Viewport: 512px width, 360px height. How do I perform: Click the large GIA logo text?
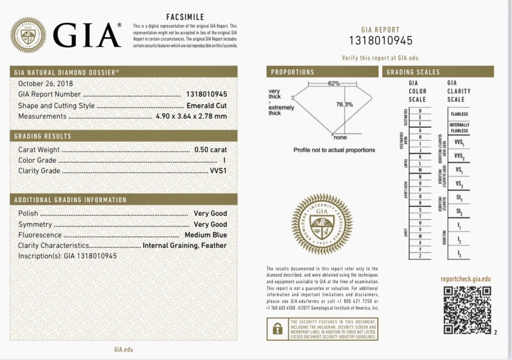86,35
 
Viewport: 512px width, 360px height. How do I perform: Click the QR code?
467,310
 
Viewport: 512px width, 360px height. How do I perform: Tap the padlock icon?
277,329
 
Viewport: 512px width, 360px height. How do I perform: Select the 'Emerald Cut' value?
207,105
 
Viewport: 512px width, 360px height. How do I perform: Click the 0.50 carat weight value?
211,149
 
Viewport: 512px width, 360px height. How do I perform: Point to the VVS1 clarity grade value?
218,171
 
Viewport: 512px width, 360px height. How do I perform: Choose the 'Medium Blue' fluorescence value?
206,235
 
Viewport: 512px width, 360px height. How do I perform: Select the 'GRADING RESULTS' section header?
43,136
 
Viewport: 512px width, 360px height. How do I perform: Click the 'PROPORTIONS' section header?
292,72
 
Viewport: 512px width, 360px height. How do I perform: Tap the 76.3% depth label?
344,104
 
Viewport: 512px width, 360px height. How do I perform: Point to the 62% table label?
334,83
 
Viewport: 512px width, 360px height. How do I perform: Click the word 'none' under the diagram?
340,137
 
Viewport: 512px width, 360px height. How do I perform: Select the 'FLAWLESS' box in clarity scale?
459,114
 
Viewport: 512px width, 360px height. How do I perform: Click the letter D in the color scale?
420,111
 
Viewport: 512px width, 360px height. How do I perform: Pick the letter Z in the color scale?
420,256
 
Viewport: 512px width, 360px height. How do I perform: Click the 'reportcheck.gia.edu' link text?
466,279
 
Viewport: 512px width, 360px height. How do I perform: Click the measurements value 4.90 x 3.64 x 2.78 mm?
191,116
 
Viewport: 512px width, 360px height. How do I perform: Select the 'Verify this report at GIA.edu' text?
380,58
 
